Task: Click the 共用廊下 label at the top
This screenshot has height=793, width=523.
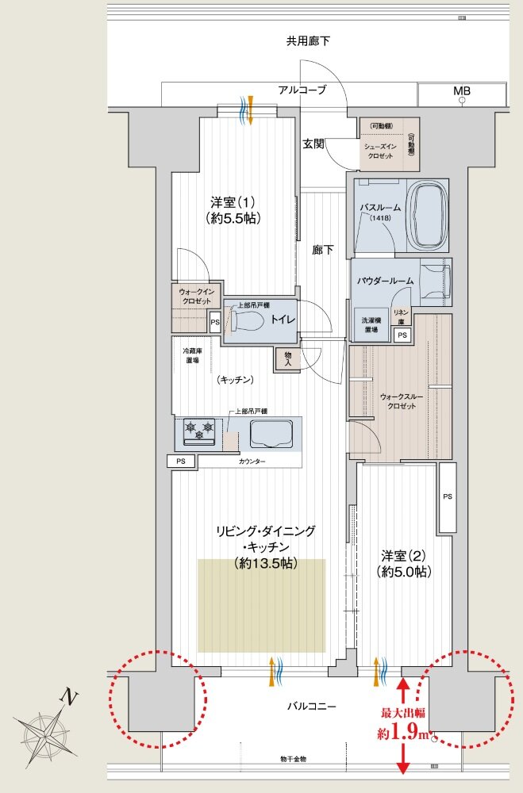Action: (x=309, y=40)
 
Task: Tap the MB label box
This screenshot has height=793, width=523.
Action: (x=462, y=91)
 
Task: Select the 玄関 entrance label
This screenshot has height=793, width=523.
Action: (x=313, y=144)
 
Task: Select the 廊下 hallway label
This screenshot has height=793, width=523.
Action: (x=322, y=250)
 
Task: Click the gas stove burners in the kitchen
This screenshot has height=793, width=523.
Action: (x=199, y=431)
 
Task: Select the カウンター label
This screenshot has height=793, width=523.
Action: (x=252, y=462)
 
